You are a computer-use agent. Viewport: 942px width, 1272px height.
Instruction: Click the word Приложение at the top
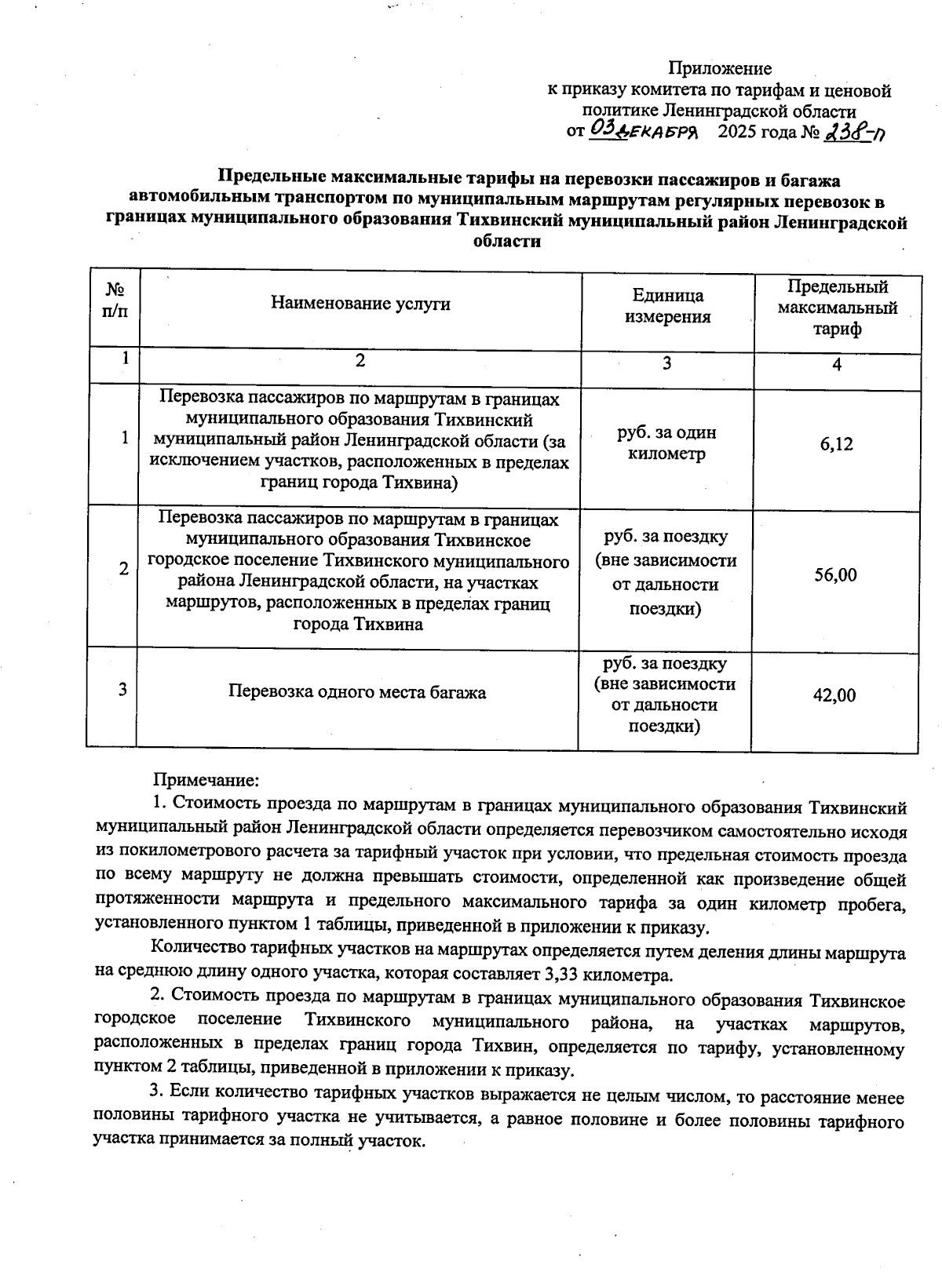click(720, 69)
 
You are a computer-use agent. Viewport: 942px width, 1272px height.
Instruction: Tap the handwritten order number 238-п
click(855, 131)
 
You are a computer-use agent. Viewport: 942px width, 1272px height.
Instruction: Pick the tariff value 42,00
click(834, 695)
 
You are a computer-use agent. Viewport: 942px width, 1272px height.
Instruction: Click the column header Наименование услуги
click(360, 304)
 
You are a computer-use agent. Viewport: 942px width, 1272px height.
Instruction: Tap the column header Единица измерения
click(667, 306)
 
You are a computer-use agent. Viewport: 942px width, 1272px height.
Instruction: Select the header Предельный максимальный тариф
click(838, 308)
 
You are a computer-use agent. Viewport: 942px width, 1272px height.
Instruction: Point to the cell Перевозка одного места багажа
click(357, 692)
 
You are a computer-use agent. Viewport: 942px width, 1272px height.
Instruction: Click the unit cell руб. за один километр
click(667, 443)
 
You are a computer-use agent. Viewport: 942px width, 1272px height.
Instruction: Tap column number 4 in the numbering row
click(838, 365)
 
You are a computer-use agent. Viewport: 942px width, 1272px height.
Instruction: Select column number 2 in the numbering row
click(360, 360)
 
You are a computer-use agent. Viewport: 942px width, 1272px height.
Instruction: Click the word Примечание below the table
click(205, 781)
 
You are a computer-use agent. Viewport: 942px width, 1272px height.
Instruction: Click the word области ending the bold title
click(507, 242)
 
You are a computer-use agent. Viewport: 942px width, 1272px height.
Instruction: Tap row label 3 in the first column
click(123, 690)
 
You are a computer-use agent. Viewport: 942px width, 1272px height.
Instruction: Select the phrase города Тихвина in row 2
click(357, 625)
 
